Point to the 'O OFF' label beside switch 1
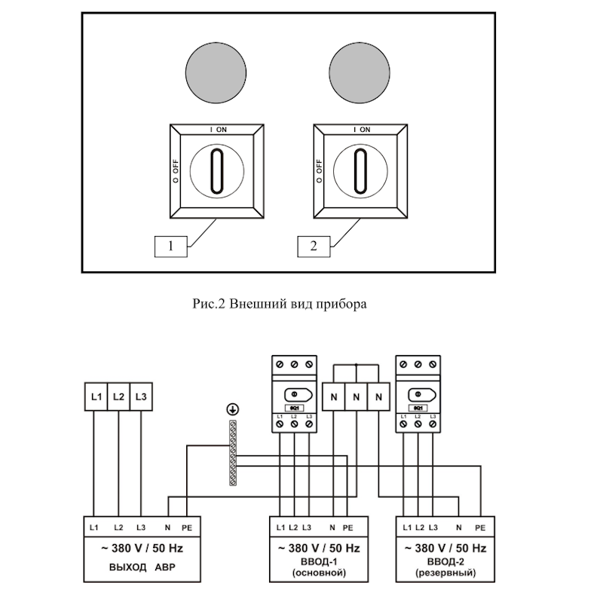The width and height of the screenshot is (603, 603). pos(174,172)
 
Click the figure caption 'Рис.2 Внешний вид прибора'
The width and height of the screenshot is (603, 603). pos(280,305)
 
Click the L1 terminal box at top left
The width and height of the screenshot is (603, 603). pos(96,396)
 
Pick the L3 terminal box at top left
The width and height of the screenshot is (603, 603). pos(141,396)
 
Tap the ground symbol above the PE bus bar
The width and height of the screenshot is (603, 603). pos(232,409)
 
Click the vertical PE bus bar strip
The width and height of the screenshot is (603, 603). pos(232,452)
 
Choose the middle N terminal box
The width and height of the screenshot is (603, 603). pos(357,396)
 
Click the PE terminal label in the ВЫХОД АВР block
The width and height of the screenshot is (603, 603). pos(185,526)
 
